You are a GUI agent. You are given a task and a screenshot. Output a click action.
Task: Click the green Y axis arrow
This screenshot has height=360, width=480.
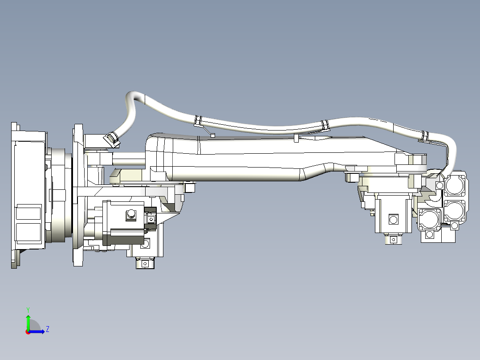click(x=28, y=321)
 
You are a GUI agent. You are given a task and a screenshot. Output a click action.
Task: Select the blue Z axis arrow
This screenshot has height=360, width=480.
click(x=39, y=331)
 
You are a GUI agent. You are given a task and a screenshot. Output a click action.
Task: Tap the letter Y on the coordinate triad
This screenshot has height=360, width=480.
click(x=28, y=309)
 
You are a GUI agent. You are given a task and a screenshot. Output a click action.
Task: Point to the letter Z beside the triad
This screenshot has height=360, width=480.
click(x=47, y=330)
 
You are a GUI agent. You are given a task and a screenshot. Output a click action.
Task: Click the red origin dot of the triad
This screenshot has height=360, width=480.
click(x=28, y=331)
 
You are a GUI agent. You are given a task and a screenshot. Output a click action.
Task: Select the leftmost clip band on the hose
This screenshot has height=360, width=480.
click(x=198, y=120)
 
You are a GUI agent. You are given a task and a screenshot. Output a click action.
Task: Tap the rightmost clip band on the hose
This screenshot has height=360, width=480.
click(x=425, y=135)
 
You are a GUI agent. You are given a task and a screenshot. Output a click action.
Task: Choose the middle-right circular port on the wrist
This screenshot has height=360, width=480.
click(x=455, y=210)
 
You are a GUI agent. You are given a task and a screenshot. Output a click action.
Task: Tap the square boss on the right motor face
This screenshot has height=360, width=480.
click(x=393, y=219)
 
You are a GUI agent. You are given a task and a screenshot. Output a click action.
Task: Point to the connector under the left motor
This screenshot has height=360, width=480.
click(x=144, y=263)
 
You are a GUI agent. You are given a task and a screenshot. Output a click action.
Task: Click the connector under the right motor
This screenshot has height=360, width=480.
click(x=393, y=239)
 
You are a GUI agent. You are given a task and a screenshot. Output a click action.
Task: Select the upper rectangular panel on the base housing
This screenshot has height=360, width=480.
click(x=28, y=213)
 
